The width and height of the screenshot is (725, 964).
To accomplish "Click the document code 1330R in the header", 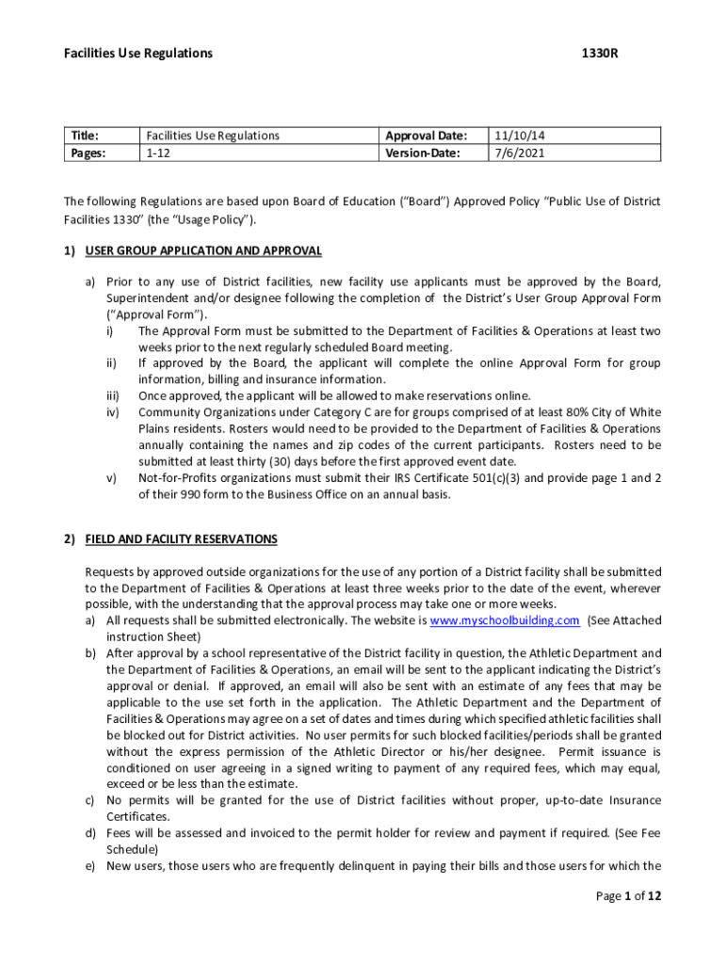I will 599,54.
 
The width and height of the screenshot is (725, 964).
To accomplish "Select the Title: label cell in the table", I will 85,136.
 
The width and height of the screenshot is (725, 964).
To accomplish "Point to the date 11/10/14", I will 513,136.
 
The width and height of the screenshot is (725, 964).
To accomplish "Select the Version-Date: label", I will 424,153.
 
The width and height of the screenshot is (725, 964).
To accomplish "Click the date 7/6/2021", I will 512,153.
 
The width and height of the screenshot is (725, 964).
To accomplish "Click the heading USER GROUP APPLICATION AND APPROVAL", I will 203,251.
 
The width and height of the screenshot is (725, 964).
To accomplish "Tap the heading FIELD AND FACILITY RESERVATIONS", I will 181,539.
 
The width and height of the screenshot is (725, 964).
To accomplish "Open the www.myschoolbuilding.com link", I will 504,620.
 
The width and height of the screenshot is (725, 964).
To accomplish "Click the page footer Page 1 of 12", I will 629,896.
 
